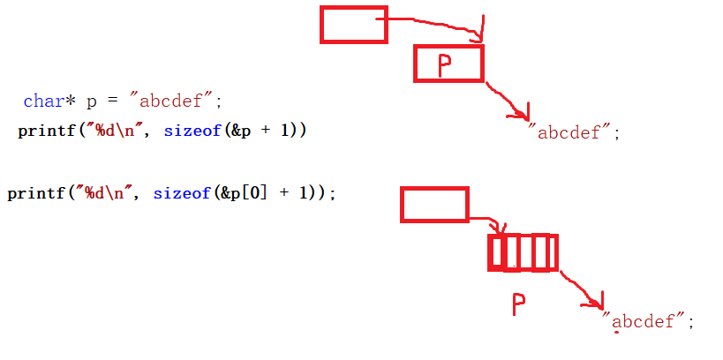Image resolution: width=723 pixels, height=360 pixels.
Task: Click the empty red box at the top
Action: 353,25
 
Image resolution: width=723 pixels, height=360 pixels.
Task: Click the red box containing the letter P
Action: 448,64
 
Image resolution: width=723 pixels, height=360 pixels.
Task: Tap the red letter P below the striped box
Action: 519,305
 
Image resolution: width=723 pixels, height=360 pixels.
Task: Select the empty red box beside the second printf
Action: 434,204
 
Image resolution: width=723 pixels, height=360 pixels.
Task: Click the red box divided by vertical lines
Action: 523,252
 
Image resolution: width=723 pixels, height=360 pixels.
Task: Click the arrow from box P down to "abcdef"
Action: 506,98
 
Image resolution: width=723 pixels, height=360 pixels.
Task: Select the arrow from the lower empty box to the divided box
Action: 486,221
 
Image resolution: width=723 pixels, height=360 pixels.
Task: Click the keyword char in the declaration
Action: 44,101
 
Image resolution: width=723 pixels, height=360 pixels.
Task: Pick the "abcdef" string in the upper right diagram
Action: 574,133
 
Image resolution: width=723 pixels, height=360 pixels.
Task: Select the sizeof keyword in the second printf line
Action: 179,193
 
